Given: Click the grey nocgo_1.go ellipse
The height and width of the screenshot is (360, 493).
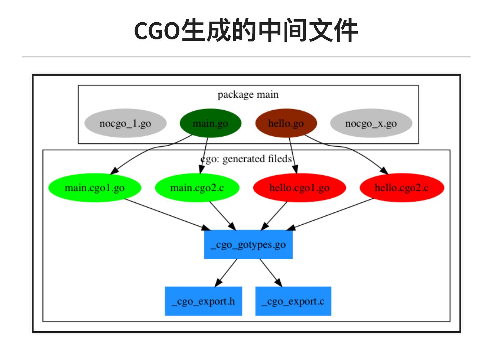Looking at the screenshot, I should click(x=125, y=123).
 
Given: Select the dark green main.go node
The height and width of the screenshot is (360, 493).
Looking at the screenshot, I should click(x=210, y=123).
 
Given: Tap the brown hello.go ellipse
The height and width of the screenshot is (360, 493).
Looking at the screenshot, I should click(x=286, y=123).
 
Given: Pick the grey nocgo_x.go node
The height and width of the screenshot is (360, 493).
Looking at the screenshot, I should click(x=371, y=123).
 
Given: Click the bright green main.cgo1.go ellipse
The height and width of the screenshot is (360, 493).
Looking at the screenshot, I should click(x=94, y=188).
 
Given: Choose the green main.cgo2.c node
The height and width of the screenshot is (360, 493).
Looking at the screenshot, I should click(x=197, y=188).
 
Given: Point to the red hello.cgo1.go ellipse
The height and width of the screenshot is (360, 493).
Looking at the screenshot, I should click(x=299, y=188).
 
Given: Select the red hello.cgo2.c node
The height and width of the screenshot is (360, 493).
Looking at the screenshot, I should click(x=402, y=188).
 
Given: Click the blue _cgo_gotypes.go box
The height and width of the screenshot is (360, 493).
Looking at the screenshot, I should click(x=248, y=245).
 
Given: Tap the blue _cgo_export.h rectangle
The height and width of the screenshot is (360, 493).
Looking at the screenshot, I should click(x=203, y=301).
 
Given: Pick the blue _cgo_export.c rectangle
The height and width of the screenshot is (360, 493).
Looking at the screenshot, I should click(x=293, y=301).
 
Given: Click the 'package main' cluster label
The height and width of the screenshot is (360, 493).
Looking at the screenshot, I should click(x=248, y=95).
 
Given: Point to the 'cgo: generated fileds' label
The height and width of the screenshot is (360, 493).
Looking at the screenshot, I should click(x=246, y=159).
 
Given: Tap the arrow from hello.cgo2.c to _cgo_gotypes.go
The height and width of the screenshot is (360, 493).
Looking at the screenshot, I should click(x=330, y=214).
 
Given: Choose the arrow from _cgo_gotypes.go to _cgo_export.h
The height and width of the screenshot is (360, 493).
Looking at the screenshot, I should click(x=226, y=273).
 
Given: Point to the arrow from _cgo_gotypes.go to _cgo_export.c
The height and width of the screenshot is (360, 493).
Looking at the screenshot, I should click(x=270, y=273).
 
